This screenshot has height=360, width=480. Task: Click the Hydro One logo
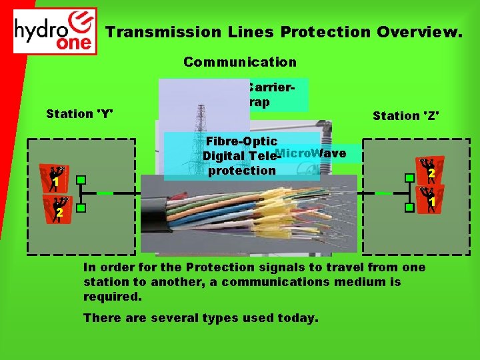[x=55, y=31]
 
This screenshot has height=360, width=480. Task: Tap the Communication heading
[x=240, y=62]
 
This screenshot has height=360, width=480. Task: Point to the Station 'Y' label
[x=78, y=113]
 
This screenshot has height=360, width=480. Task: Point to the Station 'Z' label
[x=405, y=116]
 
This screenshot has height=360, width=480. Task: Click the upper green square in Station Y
[x=81, y=180]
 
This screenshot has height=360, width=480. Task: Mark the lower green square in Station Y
[x=81, y=209]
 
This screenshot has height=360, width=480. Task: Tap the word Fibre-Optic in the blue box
[x=241, y=142]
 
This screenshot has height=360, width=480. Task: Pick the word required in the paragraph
[x=111, y=297]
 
